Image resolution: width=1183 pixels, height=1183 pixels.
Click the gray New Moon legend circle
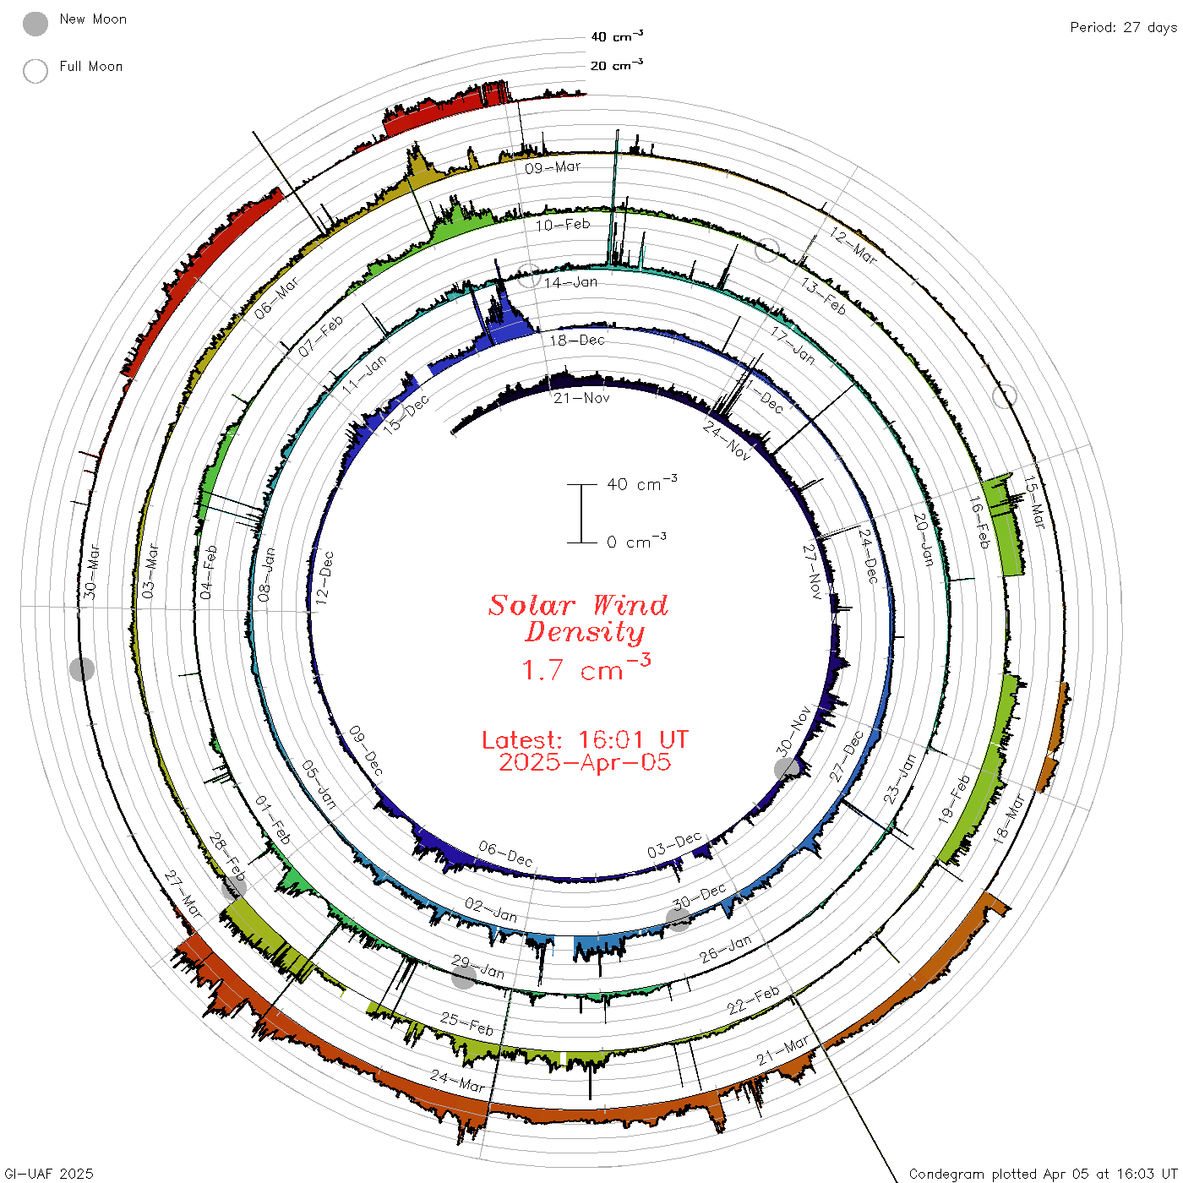pyautogui.click(x=35, y=24)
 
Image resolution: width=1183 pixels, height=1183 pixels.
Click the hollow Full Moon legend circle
pyautogui.click(x=35, y=71)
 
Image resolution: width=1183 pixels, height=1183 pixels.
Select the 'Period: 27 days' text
pyautogui.click(x=1124, y=28)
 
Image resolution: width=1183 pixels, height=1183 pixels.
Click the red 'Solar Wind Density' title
pyautogui.click(x=578, y=619)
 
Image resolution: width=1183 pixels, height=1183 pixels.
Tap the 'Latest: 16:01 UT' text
pyautogui.click(x=585, y=739)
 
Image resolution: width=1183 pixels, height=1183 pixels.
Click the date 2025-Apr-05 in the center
pyautogui.click(x=585, y=762)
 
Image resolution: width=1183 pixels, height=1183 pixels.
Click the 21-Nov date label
pyautogui.click(x=581, y=398)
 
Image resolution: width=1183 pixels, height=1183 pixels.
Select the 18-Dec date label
pyautogui.click(x=577, y=340)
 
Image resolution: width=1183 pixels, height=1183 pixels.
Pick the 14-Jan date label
pyautogui.click(x=571, y=282)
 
